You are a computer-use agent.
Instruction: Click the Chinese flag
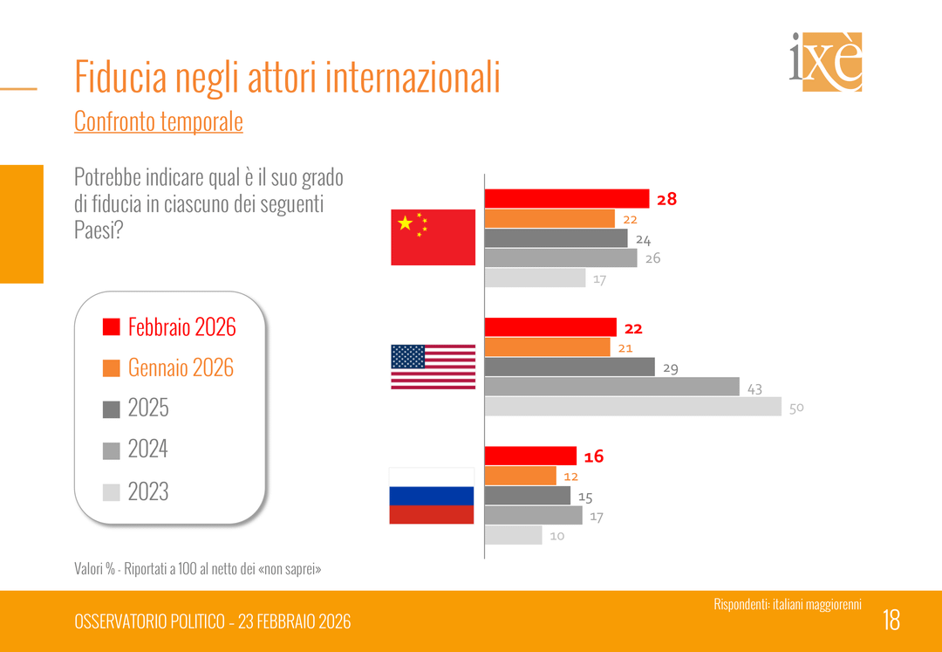pos(433,237)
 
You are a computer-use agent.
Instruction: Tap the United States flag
pos(433,367)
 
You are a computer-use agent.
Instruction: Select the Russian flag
pos(431,496)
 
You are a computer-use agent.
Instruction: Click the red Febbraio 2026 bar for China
pos(567,199)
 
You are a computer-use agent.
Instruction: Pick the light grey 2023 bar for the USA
pos(632,407)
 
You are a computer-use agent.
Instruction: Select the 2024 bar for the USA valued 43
pos(611,387)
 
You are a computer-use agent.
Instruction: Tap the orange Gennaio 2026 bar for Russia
pos(520,476)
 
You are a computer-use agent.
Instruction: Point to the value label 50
pos(795,408)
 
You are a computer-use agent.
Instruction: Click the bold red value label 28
pos(666,199)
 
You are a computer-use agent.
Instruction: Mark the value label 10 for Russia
pos(556,536)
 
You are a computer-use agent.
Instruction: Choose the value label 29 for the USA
pos(670,368)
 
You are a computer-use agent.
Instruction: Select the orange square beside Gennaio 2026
pos(111,368)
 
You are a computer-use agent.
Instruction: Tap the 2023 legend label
pos(148,491)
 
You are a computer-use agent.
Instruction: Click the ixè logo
pos(825,62)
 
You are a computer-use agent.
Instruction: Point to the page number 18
pos(891,620)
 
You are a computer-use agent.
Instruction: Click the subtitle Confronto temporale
pos(158,121)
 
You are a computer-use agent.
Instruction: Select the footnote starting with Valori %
pos(197,568)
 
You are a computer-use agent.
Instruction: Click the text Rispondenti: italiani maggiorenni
pos(787,604)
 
